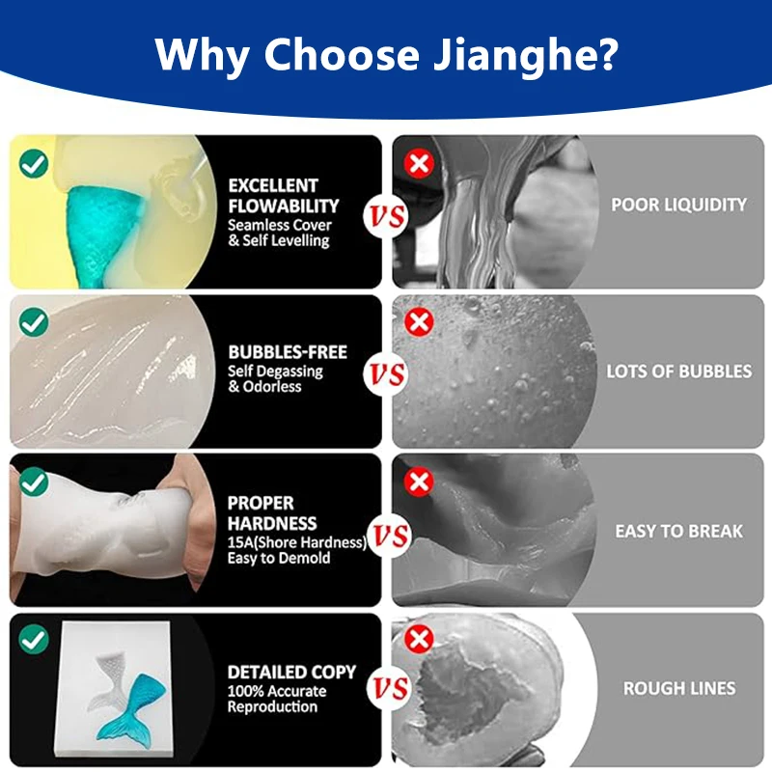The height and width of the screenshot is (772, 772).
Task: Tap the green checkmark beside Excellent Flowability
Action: tap(34, 163)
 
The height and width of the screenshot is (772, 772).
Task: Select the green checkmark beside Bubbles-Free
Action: tap(34, 322)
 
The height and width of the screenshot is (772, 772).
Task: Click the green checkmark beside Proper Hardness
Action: tap(34, 481)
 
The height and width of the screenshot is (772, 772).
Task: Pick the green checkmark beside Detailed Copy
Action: tap(34, 639)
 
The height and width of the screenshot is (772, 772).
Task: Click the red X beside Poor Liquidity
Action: tap(419, 163)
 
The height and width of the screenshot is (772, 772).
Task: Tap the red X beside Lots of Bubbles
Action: tap(419, 322)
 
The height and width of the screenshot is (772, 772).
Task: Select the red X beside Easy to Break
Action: tap(419, 481)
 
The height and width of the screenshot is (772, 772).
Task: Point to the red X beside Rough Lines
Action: tap(419, 639)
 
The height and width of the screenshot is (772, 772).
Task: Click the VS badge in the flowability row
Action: tap(386, 219)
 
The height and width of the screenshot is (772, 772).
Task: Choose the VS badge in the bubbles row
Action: tap(386, 374)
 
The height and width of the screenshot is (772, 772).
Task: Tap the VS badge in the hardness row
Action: tap(390, 536)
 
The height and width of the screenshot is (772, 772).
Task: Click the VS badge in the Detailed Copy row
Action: tap(390, 688)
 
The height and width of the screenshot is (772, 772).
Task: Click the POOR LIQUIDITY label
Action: tap(678, 205)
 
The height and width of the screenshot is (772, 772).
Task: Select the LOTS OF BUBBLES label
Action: tap(678, 371)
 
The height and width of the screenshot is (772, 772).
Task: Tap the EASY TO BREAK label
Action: tap(678, 531)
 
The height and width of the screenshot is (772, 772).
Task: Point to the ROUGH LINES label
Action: tap(678, 689)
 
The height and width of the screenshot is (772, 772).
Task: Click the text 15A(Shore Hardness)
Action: tap(296, 543)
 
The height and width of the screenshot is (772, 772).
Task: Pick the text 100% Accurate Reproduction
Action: tap(277, 699)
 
